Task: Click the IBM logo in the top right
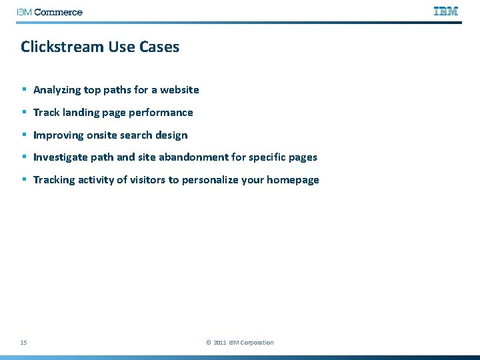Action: (446, 11)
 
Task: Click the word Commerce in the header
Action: (58, 12)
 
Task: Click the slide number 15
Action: (23, 343)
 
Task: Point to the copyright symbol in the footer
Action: (209, 343)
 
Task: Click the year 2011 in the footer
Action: (220, 343)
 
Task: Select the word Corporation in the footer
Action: (257, 343)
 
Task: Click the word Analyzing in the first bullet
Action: (57, 90)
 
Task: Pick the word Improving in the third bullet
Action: (58, 135)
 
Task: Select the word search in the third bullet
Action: (138, 135)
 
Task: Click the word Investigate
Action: (61, 158)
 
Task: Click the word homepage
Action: (293, 180)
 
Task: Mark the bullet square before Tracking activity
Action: (23, 180)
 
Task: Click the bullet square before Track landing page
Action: (23, 112)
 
